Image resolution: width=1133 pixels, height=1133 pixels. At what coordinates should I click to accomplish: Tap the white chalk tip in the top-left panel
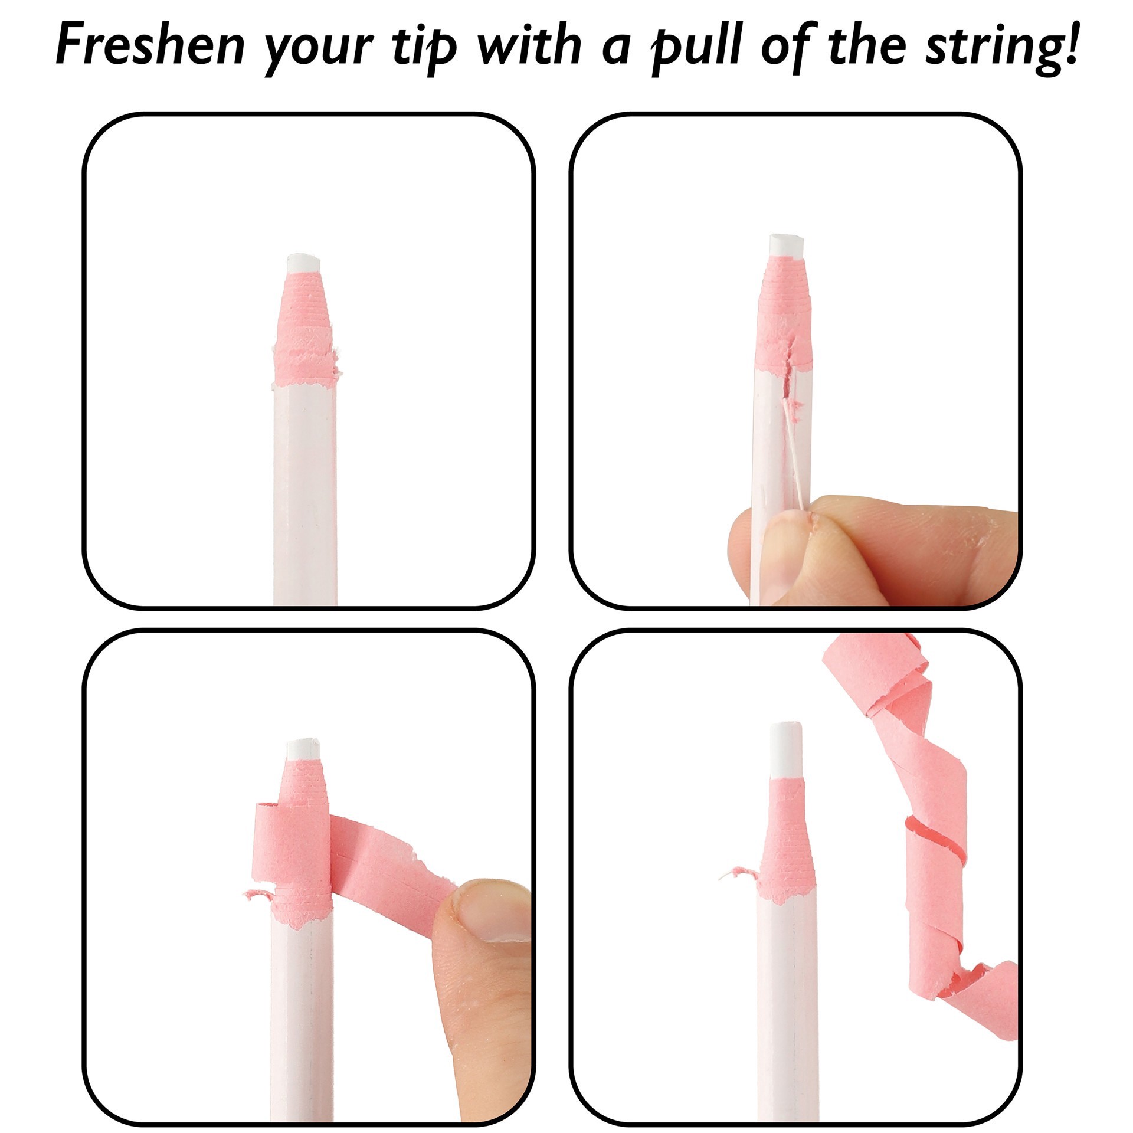304,263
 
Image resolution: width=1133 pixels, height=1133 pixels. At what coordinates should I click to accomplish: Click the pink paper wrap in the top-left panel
304,330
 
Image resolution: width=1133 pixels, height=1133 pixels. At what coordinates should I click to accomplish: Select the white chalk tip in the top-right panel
787,245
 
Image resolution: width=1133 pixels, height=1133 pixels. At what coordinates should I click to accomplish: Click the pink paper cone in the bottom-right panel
787,838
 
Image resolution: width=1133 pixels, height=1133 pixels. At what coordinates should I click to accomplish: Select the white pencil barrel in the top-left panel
304,496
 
